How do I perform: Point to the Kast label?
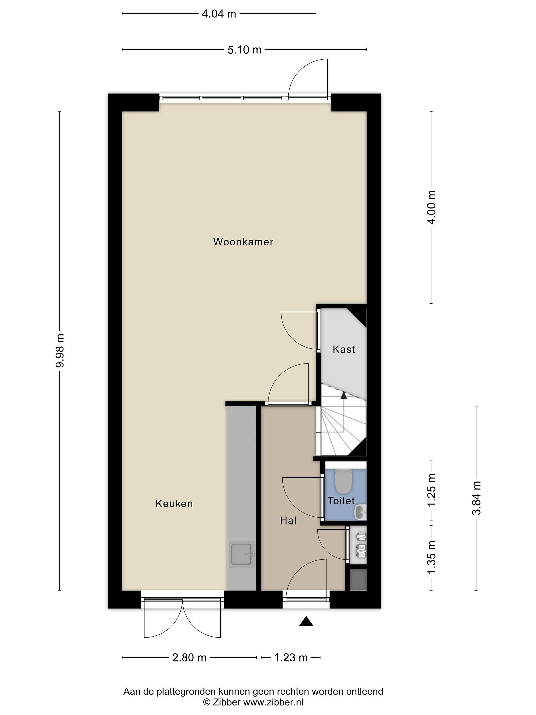344,349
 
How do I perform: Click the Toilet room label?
341,501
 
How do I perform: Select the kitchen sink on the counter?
241,554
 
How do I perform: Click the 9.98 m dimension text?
60,351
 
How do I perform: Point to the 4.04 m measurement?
219,14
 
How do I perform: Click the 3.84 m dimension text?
476,498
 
